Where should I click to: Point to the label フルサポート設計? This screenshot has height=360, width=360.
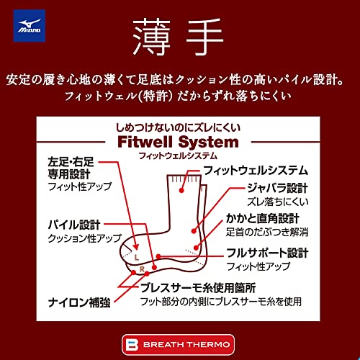[268, 253]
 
